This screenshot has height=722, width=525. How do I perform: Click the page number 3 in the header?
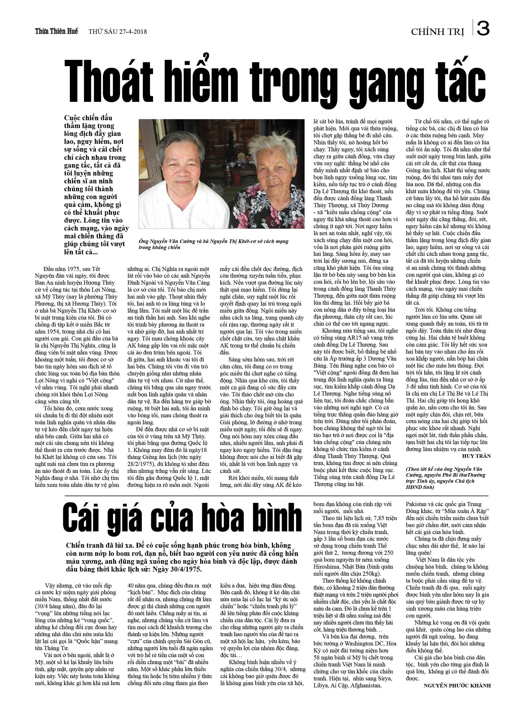tap(483, 28)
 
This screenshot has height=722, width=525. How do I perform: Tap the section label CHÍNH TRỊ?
tap(437, 32)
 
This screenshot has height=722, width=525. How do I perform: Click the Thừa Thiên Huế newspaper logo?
tap(57, 31)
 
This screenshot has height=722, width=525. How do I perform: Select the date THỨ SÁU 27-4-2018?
tap(118, 31)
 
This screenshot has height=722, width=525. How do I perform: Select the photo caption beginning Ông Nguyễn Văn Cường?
tap(213, 244)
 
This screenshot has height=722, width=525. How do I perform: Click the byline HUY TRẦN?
tap(476, 456)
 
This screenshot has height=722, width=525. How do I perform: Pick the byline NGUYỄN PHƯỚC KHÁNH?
tap(457, 685)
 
